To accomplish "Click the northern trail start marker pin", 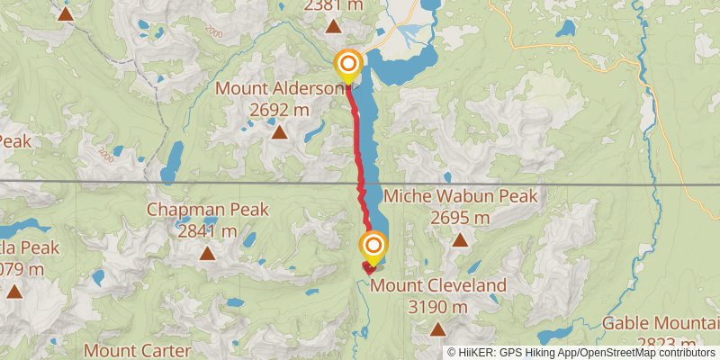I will pos(348,65).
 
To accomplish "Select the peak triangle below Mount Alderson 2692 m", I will pos(280,133).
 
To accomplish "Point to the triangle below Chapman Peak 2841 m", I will pos(207,253).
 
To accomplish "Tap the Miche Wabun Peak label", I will pos(460,196).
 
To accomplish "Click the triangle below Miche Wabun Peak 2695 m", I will pos(460,239).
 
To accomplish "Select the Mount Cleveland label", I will pos(439,286).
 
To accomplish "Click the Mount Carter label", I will pos(136,350).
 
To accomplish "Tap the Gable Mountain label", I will pos(661,323).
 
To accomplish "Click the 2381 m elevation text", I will pos(335,6).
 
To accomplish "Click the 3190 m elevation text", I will pos(439,307).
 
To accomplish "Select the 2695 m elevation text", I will pos(460,218).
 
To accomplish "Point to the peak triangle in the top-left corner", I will pos(65,13).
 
